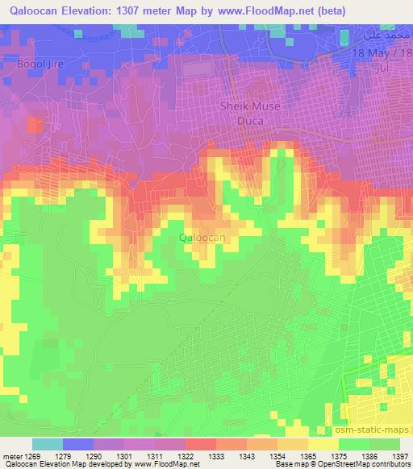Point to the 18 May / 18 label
point(382,52)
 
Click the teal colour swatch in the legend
point(47,444)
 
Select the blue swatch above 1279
point(78,444)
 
